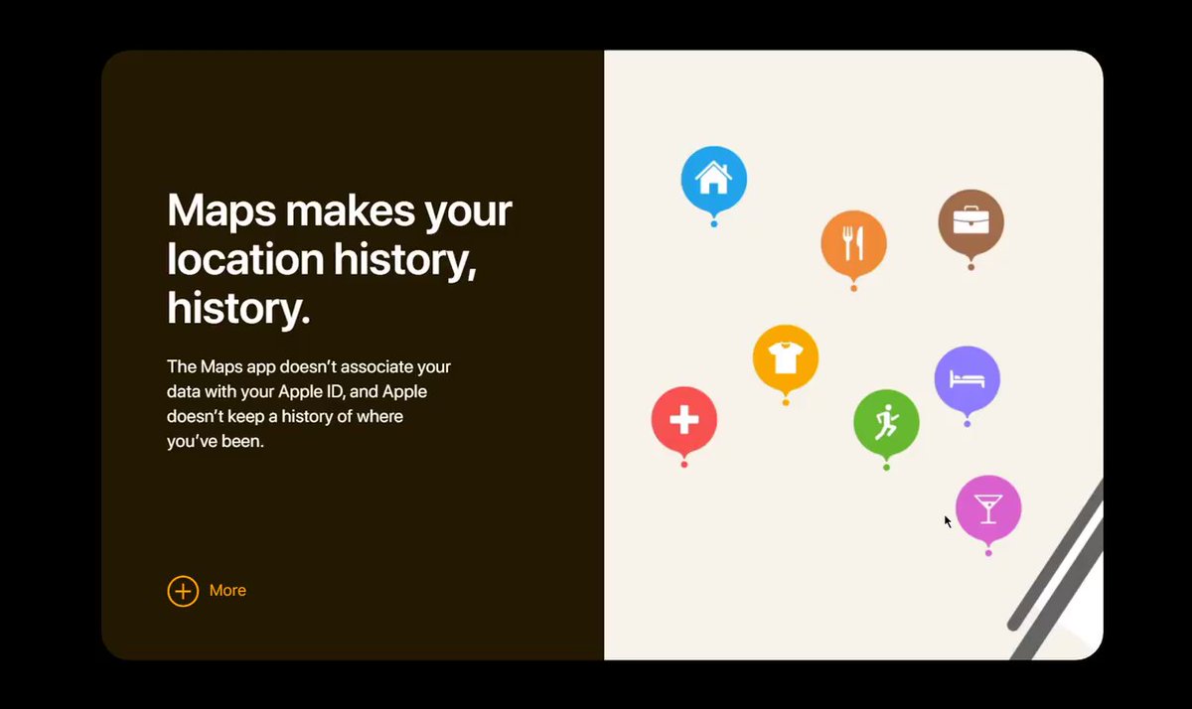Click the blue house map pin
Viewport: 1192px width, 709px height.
click(713, 181)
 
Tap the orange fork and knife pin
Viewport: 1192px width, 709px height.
click(853, 244)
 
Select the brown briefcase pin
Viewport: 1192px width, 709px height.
click(971, 223)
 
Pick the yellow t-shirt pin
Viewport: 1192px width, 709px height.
click(786, 358)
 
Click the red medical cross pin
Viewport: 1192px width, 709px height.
click(683, 420)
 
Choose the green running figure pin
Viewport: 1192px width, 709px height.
click(886, 423)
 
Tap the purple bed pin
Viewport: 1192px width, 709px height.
click(967, 379)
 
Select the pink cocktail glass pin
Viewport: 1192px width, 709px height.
click(988, 509)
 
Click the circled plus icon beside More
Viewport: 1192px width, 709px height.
click(183, 591)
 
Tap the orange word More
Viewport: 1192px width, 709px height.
click(227, 591)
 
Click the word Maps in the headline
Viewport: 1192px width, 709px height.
click(222, 212)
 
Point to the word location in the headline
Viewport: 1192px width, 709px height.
click(245, 259)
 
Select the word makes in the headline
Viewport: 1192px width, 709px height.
click(350, 211)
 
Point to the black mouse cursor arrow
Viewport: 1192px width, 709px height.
click(948, 521)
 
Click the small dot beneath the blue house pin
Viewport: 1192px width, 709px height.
click(713, 224)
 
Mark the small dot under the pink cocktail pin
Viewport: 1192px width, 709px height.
click(988, 553)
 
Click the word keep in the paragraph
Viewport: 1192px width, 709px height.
click(246, 416)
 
